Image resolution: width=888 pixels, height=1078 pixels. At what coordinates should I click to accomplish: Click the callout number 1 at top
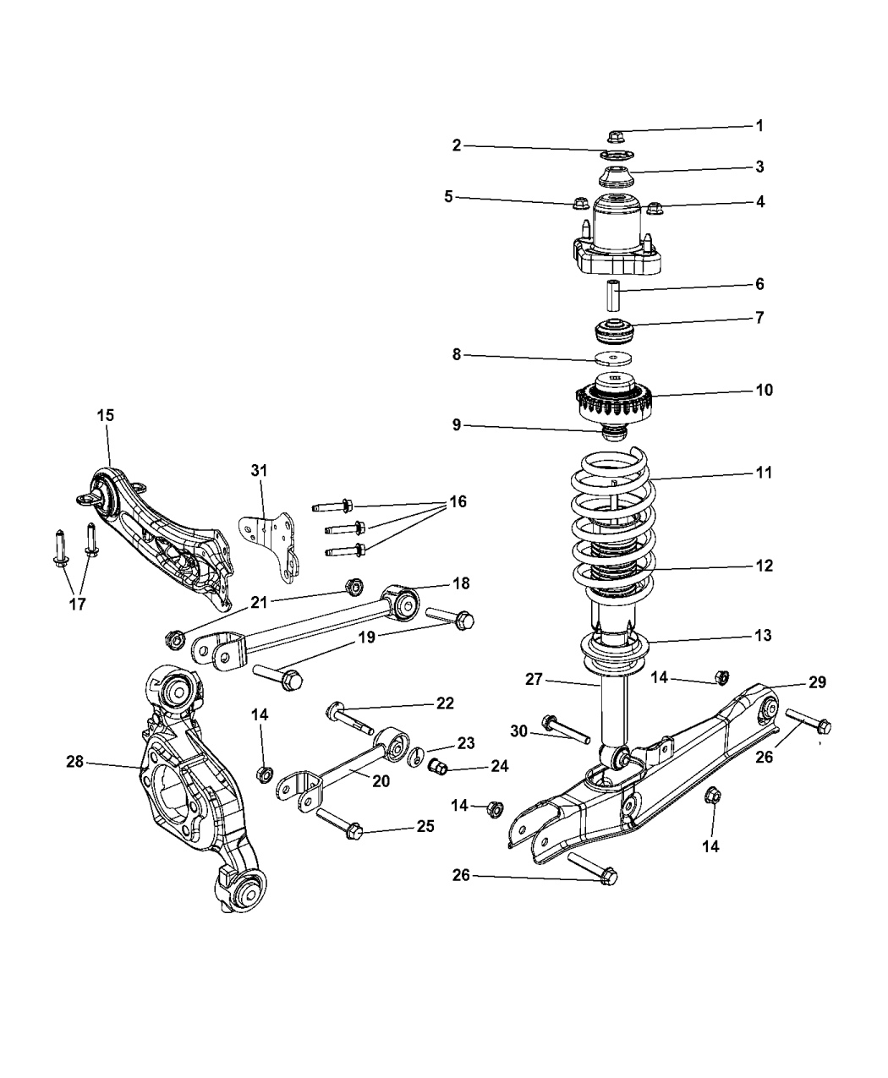click(759, 125)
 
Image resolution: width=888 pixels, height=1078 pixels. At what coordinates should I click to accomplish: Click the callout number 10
click(764, 390)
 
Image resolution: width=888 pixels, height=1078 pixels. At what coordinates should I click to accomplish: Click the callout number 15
click(106, 415)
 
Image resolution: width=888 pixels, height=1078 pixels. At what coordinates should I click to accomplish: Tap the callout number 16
click(457, 501)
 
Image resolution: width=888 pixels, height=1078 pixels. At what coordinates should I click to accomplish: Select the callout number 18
click(461, 583)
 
